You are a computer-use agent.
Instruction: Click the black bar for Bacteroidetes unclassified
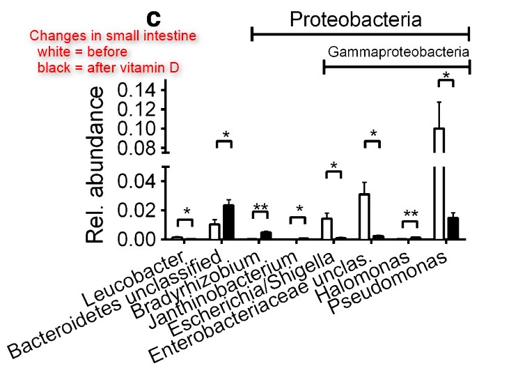(228, 222)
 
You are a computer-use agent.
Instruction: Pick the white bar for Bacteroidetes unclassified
(214, 231)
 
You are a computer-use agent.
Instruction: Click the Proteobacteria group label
(356, 19)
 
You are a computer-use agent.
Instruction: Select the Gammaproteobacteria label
(398, 52)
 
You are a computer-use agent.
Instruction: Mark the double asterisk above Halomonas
(411, 214)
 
